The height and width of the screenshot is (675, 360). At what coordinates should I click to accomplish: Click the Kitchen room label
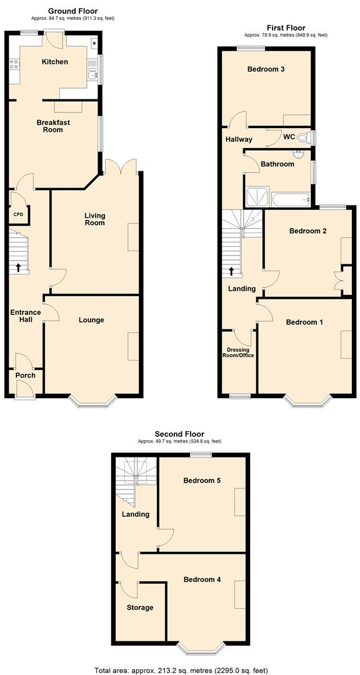tap(55, 62)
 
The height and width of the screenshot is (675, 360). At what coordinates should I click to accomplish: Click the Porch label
tap(26, 375)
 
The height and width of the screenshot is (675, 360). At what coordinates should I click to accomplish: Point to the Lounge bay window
tap(92, 401)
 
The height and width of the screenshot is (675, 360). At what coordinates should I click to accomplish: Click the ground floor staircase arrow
tap(18, 267)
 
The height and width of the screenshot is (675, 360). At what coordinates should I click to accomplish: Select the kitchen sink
tap(92, 76)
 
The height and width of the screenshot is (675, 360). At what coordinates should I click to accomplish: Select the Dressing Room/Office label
tap(238, 352)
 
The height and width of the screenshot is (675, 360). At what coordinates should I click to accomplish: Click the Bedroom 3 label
tap(266, 69)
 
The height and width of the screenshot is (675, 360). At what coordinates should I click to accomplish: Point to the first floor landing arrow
tap(232, 271)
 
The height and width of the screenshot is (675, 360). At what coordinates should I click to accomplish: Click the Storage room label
tap(139, 607)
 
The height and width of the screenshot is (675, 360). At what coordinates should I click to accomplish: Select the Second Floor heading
tap(179, 434)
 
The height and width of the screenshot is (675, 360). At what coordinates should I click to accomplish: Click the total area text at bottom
tap(181, 670)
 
